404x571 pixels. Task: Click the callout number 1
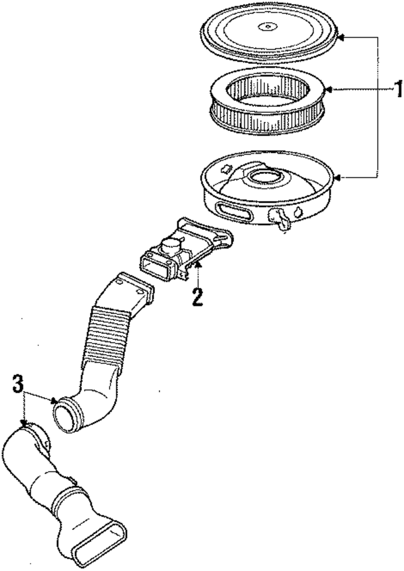tap(398, 89)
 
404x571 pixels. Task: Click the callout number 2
tap(197, 297)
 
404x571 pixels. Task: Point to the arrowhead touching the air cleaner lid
tap(340, 37)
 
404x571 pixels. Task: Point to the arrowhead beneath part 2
tap(198, 276)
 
